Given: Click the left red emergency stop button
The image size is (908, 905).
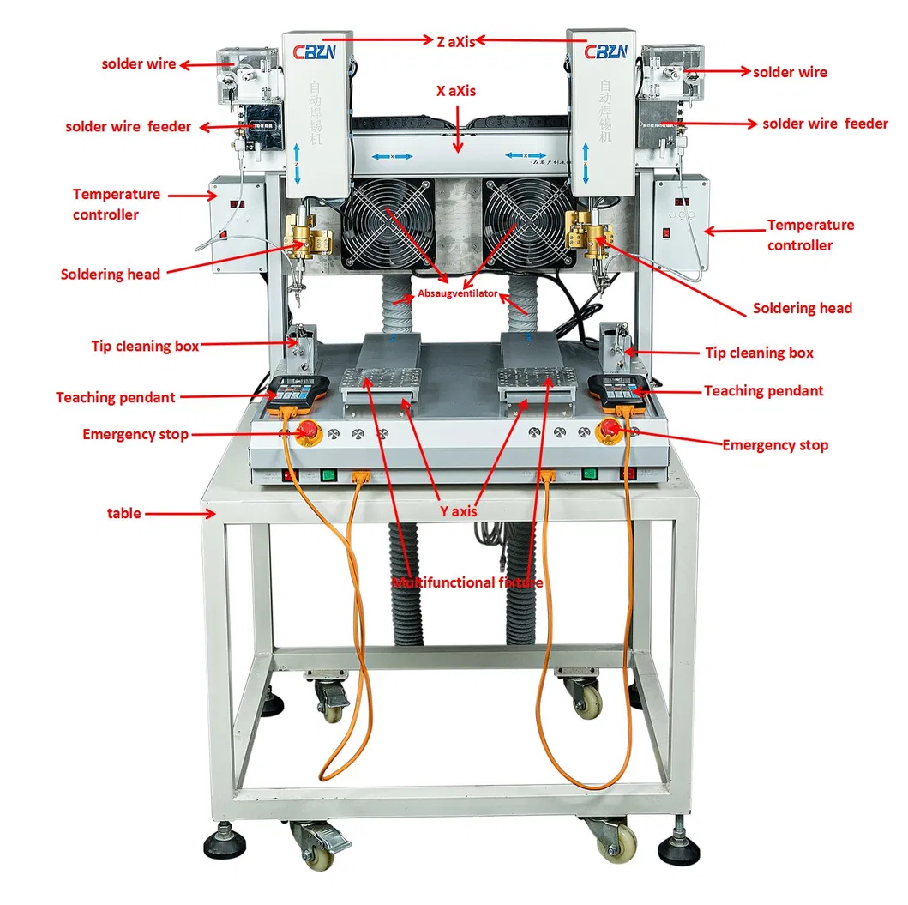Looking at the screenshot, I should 306,432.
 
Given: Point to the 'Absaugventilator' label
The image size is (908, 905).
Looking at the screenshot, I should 458,293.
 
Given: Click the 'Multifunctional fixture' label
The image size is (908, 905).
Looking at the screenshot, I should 466,582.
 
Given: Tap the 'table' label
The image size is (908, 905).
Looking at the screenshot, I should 124,513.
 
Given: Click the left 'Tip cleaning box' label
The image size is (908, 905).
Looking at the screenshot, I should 145,347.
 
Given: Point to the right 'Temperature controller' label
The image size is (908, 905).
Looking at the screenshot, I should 810,235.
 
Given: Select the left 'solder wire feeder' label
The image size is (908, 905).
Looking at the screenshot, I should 129,127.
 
